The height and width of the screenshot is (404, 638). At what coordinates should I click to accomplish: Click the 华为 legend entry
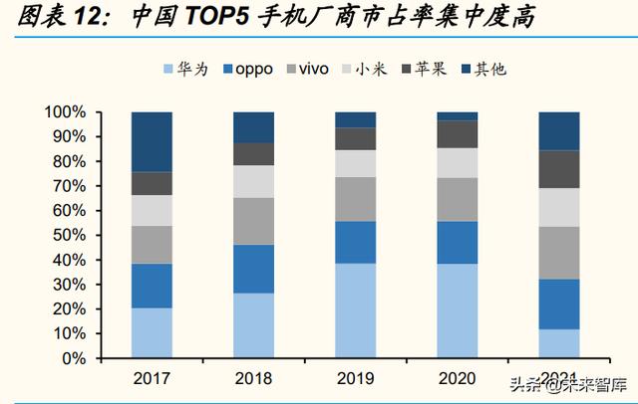[x=188, y=70]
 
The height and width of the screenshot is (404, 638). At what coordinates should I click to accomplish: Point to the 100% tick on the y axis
[x=68, y=112]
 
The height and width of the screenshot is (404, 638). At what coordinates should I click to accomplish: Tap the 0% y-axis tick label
[x=76, y=358]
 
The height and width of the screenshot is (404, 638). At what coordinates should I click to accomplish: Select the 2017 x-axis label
[x=152, y=379]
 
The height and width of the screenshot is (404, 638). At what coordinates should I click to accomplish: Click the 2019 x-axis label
[x=355, y=379]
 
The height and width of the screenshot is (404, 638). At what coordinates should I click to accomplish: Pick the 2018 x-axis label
[x=253, y=379]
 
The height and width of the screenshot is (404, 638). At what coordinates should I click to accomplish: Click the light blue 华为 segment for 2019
[x=355, y=310]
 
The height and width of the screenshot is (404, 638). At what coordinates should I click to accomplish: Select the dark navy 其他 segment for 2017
[x=152, y=141]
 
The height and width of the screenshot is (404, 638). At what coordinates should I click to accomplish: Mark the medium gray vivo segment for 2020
[x=457, y=199]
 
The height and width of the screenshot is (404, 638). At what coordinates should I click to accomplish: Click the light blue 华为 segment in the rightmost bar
[x=558, y=343]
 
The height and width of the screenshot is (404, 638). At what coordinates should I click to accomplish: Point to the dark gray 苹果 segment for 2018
[x=253, y=153]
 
